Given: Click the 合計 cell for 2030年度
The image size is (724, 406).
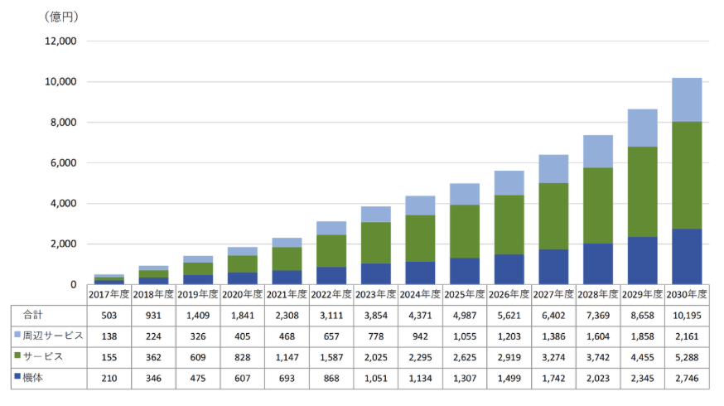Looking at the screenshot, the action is click(687, 316).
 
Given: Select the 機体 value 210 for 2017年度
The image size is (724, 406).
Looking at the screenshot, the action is click(109, 379).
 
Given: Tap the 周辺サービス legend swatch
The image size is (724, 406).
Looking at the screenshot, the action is click(17, 335).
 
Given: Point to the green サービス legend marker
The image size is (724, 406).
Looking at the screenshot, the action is click(17, 355).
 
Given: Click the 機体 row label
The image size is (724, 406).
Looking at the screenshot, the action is click(33, 377).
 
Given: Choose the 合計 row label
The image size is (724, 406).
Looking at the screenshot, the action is click(33, 315).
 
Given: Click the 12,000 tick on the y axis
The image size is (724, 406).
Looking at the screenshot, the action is click(60, 41).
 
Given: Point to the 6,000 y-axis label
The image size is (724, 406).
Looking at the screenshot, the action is click(63, 163).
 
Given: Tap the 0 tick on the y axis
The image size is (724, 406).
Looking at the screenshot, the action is click(74, 285).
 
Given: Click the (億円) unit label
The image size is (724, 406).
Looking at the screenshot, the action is click(61, 17).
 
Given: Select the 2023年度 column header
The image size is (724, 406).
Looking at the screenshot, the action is click(375, 294).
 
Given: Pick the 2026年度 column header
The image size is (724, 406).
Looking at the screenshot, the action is click(509, 294).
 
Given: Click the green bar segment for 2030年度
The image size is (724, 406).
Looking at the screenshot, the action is click(687, 176).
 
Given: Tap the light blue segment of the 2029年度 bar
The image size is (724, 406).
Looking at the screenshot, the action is click(642, 128).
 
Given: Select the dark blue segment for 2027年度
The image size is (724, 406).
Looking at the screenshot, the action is click(553, 267).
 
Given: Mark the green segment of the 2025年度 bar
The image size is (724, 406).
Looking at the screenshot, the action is click(465, 231).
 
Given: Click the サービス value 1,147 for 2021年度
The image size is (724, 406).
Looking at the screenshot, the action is click(287, 357).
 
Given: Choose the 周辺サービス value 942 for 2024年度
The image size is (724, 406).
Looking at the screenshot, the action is click(420, 336).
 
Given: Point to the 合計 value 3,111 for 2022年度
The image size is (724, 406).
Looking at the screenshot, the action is click(331, 316).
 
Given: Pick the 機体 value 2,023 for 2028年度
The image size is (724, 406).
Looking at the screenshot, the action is click(598, 379).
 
